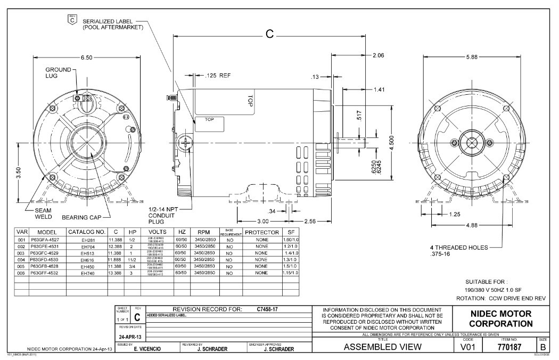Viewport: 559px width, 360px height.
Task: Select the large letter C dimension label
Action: [x=269, y=34]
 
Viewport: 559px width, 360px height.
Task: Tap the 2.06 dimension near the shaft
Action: [x=379, y=55]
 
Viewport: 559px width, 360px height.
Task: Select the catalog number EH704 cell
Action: [x=87, y=247]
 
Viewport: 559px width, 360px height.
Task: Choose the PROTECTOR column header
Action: [x=261, y=233]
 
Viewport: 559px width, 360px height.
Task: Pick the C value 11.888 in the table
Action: [x=115, y=260]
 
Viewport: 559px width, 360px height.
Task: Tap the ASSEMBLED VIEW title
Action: [x=383, y=347]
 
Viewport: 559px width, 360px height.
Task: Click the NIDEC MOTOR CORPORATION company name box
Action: [x=501, y=318]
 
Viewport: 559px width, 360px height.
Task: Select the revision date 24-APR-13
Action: [x=130, y=337]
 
